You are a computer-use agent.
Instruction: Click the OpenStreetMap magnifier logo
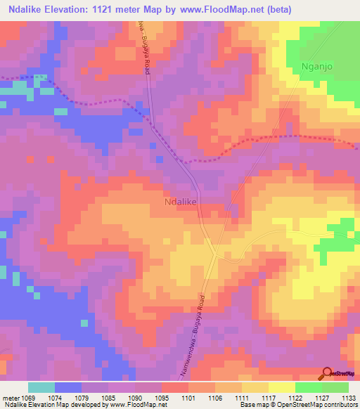coord(327,373)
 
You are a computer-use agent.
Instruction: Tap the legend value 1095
coord(162,398)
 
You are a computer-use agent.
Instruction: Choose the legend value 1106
coord(215,398)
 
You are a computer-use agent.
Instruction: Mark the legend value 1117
coord(269,398)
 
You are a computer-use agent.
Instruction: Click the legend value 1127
coord(321,398)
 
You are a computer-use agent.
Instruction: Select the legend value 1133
coord(349,398)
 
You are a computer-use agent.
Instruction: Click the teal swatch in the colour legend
coord(41,387)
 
